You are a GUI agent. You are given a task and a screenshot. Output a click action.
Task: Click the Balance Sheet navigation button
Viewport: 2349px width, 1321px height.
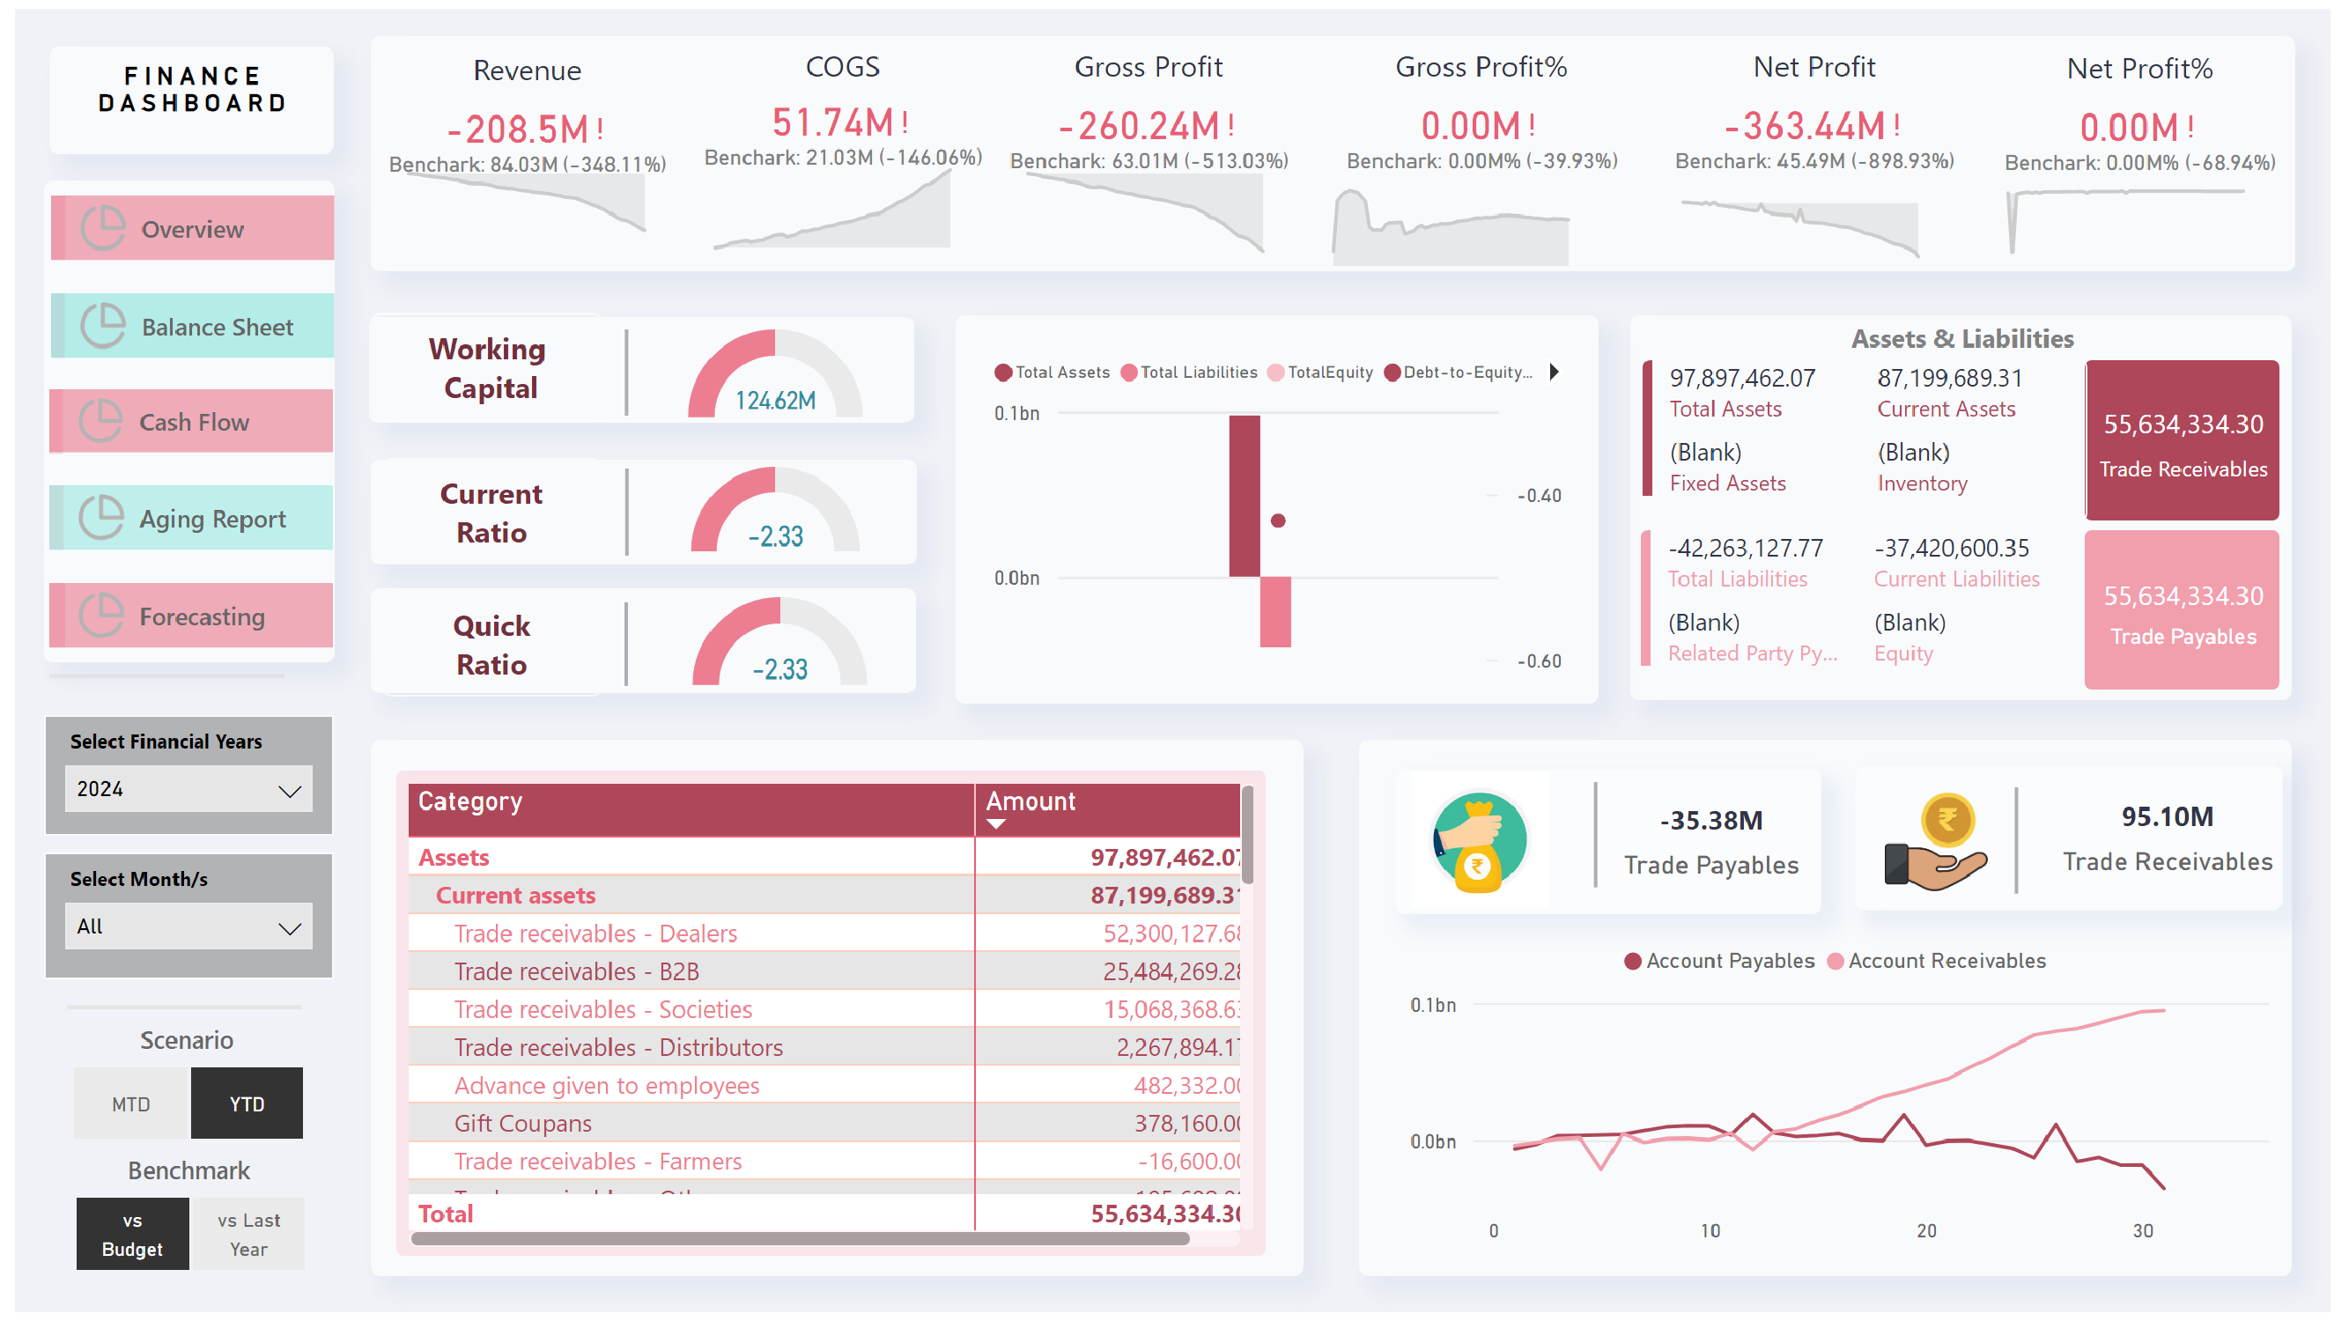coord(192,327)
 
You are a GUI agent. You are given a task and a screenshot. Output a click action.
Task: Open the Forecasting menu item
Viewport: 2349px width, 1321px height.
coord(192,616)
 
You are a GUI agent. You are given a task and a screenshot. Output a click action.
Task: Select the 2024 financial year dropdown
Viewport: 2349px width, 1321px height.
coord(188,788)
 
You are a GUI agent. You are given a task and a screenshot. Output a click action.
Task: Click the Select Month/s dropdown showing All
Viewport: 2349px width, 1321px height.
coord(188,926)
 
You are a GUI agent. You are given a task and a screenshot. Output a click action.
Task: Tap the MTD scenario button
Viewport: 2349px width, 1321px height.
coord(131,1104)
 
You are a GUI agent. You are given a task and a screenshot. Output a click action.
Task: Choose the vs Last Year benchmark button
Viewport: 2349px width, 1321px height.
coord(248,1235)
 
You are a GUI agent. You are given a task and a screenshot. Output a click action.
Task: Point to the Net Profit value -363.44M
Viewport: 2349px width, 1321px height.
coord(1804,126)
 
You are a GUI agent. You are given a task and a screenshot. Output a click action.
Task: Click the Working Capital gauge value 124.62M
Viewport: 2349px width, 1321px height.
coord(775,401)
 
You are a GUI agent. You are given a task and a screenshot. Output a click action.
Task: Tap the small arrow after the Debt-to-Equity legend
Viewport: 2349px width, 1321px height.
coord(1555,372)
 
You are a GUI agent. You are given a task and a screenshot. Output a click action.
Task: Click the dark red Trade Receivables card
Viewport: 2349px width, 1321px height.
coord(2183,441)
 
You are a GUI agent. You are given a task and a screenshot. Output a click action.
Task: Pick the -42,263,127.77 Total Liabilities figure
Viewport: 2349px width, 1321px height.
coord(1746,548)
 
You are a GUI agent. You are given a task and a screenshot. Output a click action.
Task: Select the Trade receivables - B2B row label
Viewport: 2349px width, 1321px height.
coord(576,972)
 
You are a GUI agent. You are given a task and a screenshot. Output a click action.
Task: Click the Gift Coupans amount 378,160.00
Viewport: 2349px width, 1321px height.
coord(1186,1123)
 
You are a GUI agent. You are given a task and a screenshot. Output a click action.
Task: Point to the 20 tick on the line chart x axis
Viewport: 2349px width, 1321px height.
coord(1926,1231)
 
